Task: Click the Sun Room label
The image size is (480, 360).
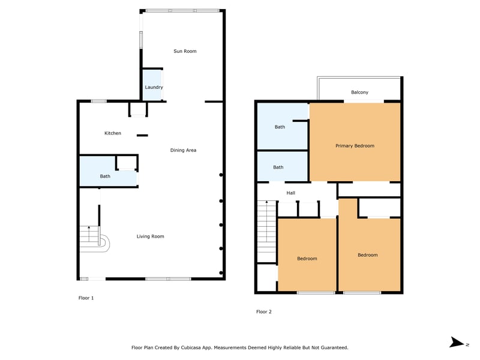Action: click(x=185, y=51)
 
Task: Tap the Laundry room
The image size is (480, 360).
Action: click(x=152, y=85)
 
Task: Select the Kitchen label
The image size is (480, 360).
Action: click(x=113, y=133)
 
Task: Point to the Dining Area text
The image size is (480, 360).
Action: click(x=183, y=150)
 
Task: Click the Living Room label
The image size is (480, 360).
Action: click(x=151, y=236)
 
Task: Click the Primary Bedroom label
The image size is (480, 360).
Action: click(x=355, y=146)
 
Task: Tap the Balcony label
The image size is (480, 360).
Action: click(x=359, y=92)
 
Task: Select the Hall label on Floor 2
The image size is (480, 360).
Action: click(x=291, y=193)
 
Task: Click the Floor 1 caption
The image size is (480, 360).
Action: click(x=86, y=298)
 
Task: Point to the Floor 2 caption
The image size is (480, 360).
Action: click(x=264, y=311)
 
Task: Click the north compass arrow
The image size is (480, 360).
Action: click(x=457, y=342)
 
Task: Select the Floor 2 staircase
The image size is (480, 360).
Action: click(x=267, y=232)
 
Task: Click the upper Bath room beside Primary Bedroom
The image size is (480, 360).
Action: click(x=282, y=126)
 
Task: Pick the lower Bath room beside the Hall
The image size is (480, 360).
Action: click(x=282, y=166)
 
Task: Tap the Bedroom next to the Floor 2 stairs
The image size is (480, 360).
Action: click(x=307, y=254)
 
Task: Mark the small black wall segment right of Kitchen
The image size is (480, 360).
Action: click(x=142, y=136)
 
